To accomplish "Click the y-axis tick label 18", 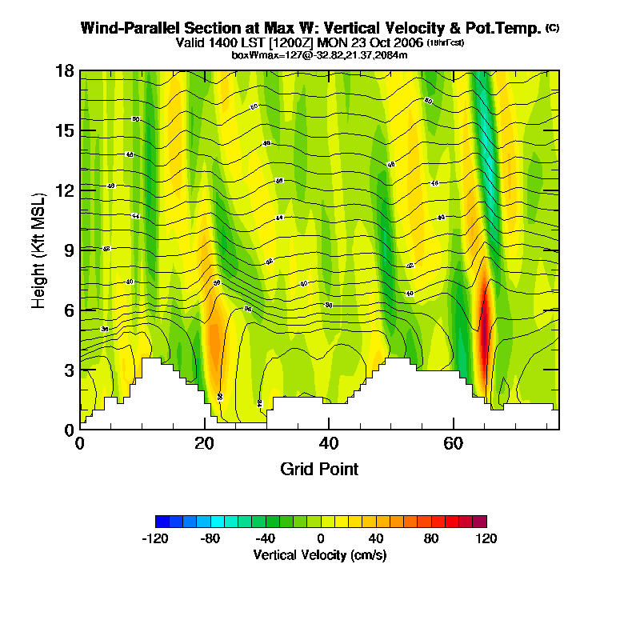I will [x=66, y=71].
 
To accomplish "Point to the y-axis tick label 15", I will [x=66, y=130].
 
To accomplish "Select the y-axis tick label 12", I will [x=66, y=190].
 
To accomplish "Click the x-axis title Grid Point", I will [x=319, y=469].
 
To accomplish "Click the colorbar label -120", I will [x=155, y=538].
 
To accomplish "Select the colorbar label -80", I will [x=210, y=538].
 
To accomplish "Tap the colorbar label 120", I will [x=486, y=538].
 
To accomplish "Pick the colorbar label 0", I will [x=320, y=538].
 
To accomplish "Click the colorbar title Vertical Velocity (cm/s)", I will [x=320, y=554].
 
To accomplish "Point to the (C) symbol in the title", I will [x=552, y=27].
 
